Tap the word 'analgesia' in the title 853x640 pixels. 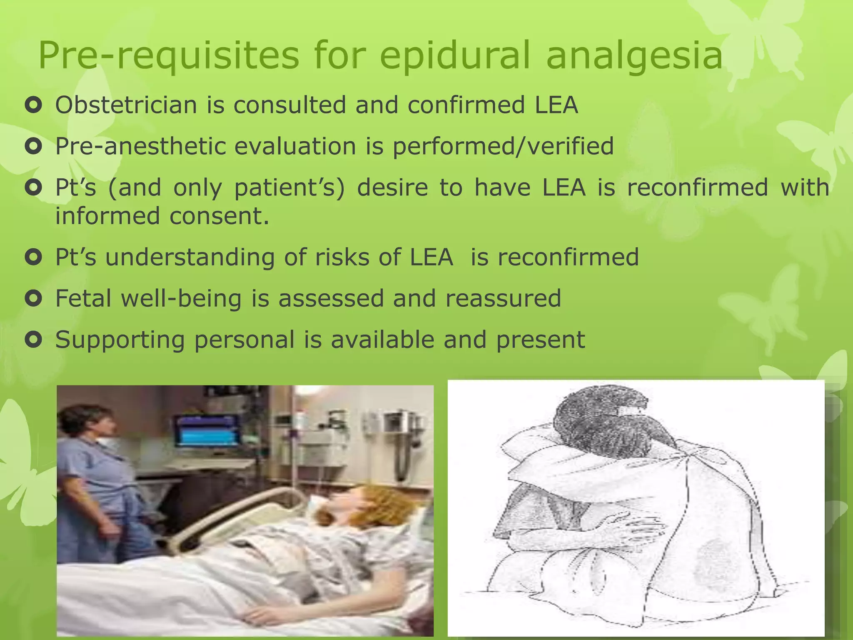tap(634, 55)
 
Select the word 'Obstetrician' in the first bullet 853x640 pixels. tap(126, 105)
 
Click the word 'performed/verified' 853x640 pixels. tap(503, 146)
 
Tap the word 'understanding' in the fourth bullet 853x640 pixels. tap(190, 257)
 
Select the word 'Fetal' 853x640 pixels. tap(83, 298)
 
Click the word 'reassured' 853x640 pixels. tap(503, 298)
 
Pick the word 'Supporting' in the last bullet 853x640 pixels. tap(120, 340)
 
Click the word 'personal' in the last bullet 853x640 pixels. tap(244, 340)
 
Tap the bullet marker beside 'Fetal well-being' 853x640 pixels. tap(33, 298)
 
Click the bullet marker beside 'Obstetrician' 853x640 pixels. tap(33, 105)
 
